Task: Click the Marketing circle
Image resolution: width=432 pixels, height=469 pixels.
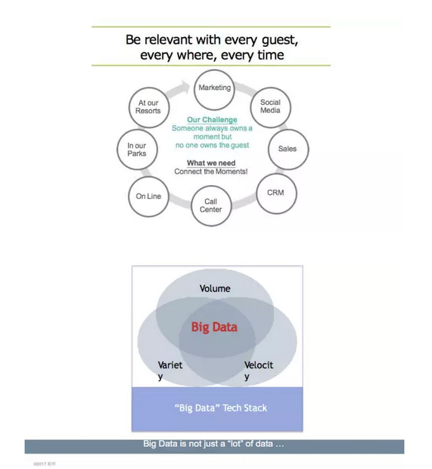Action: coord(214,88)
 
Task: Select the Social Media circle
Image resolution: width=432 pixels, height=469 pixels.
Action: coord(270,106)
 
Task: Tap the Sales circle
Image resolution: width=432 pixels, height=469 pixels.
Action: coord(287,149)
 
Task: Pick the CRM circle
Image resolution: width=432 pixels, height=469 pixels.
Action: coord(275,193)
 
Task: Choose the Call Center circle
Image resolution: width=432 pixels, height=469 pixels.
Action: coord(210,205)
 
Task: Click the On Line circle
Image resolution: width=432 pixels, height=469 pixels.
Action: coord(149,196)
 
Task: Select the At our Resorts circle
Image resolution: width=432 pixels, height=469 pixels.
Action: coord(148,107)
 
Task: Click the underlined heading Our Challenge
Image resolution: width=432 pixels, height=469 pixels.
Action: coord(212,120)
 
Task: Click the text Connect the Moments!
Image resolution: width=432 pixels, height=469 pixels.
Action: coord(211,172)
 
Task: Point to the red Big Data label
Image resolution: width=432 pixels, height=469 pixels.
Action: coord(214,327)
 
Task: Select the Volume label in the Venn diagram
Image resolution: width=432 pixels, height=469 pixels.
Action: coord(215,288)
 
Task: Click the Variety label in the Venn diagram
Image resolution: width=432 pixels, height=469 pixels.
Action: coord(170,369)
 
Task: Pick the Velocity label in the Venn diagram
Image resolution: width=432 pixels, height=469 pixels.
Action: coord(258,369)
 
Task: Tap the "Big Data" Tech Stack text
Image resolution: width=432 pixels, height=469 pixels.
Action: coord(220,408)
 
